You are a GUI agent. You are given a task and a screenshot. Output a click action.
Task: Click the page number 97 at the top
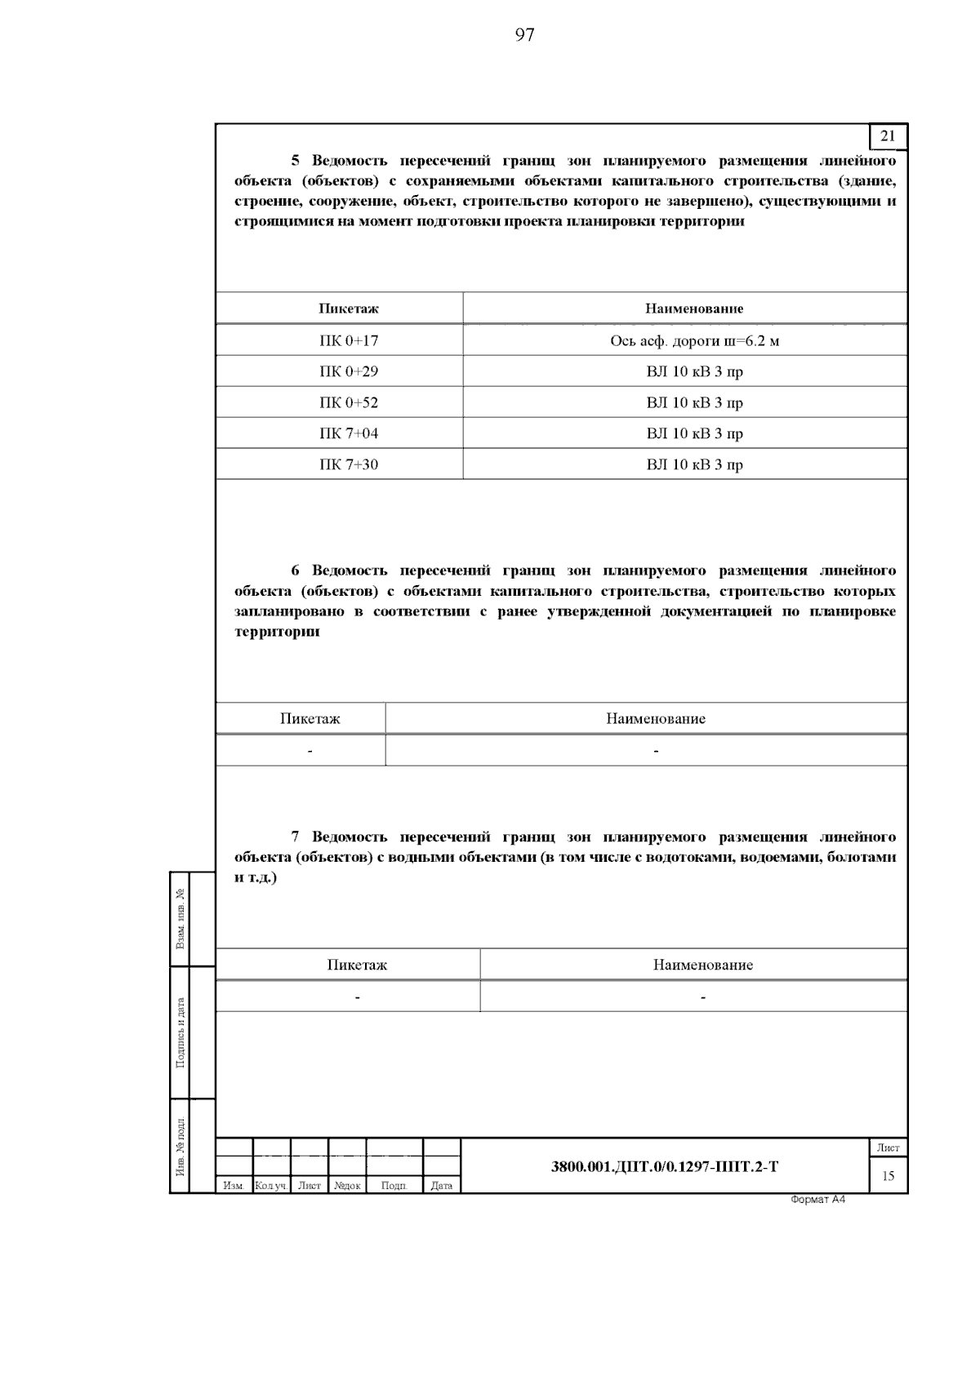[524, 34]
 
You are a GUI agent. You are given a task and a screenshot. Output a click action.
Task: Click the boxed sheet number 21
[888, 136]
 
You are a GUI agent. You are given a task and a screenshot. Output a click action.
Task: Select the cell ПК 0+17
[348, 340]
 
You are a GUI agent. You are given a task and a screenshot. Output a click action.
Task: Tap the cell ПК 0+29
[348, 371]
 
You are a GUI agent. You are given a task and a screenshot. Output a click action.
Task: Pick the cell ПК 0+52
[348, 402]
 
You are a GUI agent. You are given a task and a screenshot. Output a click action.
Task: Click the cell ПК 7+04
[348, 433]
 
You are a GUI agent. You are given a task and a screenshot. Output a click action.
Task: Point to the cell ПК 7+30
[348, 464]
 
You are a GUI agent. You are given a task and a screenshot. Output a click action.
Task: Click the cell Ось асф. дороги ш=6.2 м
[694, 340]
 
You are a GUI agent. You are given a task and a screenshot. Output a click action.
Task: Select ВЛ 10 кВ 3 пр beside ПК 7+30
[694, 464]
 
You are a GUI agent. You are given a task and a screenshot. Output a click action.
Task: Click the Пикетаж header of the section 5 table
[348, 309]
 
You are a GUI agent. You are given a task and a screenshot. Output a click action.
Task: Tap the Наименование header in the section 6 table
[655, 719]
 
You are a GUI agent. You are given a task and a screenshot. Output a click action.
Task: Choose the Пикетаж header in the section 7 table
[357, 965]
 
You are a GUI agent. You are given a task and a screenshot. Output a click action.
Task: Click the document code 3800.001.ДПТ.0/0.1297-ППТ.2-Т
[665, 1166]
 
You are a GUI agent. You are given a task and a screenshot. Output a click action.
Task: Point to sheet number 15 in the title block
[888, 1176]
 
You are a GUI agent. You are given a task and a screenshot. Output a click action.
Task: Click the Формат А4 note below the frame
[817, 1199]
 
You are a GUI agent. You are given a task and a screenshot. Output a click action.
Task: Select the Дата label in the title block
[441, 1186]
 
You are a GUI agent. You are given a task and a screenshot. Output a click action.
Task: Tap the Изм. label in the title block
[234, 1186]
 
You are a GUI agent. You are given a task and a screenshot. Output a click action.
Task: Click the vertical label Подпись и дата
[180, 1032]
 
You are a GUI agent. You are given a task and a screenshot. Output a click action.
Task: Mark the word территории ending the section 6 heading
[277, 632]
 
